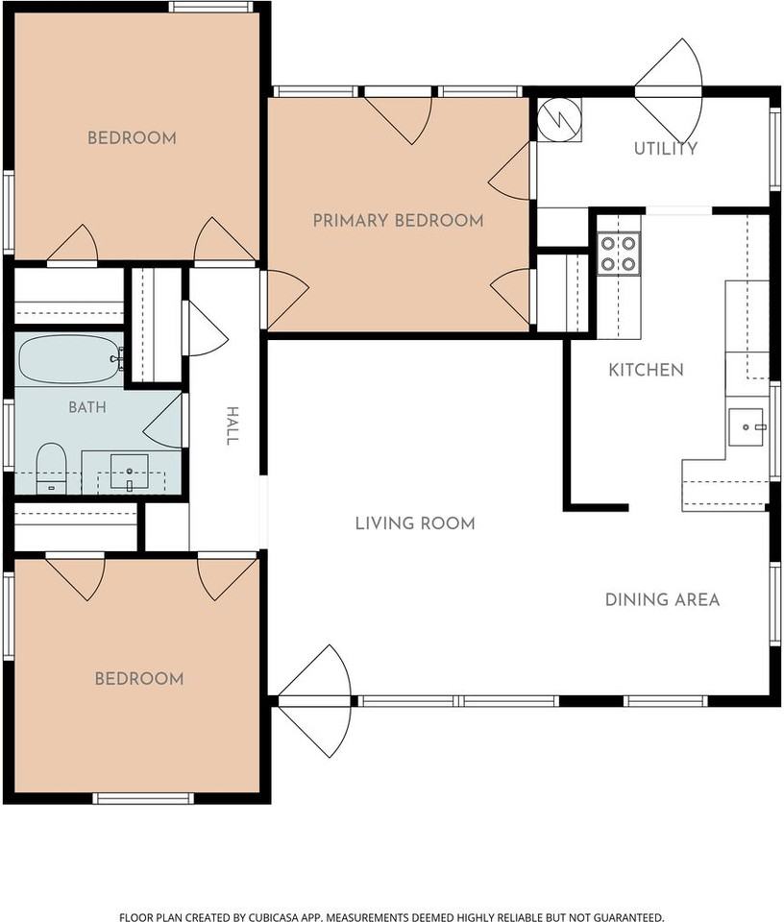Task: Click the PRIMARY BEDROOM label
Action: click(398, 221)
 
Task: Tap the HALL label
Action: click(233, 425)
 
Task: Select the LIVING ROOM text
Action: click(415, 523)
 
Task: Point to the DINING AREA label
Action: click(662, 599)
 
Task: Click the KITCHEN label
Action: click(646, 370)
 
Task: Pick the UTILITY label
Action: click(665, 148)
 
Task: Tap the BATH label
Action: click(87, 407)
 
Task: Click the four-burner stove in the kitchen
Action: click(618, 254)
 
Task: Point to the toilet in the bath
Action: click(51, 469)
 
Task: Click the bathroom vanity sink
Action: click(130, 472)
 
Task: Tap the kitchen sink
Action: click(747, 427)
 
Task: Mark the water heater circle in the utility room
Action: click(559, 119)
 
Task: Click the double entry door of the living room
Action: click(314, 701)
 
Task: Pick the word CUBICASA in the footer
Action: click(272, 916)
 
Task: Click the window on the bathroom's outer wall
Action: click(9, 434)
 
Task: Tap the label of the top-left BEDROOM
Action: click(132, 138)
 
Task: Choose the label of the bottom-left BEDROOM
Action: click(139, 679)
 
